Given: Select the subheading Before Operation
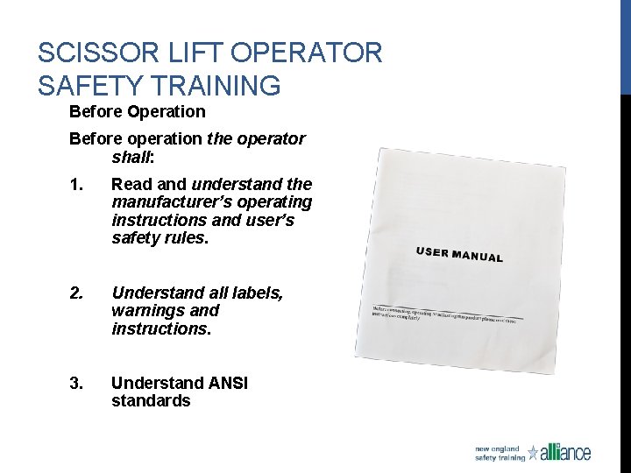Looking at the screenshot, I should click(x=137, y=112).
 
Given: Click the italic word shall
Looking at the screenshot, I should click(x=131, y=158).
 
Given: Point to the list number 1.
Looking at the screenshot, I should click(x=75, y=185).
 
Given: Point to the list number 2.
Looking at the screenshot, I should click(x=75, y=293).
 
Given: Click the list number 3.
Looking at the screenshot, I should click(x=75, y=383).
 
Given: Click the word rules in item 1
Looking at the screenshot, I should click(x=188, y=238).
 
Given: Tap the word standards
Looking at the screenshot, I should click(x=150, y=401).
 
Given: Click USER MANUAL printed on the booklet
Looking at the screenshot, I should click(x=459, y=255).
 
